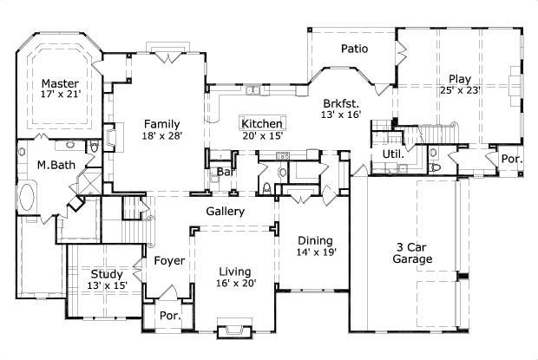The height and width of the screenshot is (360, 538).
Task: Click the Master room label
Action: click(60, 84)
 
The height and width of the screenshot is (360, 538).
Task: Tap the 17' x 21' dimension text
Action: click(60, 97)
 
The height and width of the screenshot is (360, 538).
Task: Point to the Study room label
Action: click(107, 272)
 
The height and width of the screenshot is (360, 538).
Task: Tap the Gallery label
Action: click(225, 212)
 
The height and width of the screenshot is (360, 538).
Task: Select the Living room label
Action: click(234, 270)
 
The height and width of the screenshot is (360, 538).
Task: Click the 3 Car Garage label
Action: click(412, 252)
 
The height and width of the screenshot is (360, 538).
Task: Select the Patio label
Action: click(355, 49)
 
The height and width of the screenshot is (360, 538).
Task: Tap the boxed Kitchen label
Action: click(262, 124)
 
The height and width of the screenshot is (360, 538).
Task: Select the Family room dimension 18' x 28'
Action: click(162, 135)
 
